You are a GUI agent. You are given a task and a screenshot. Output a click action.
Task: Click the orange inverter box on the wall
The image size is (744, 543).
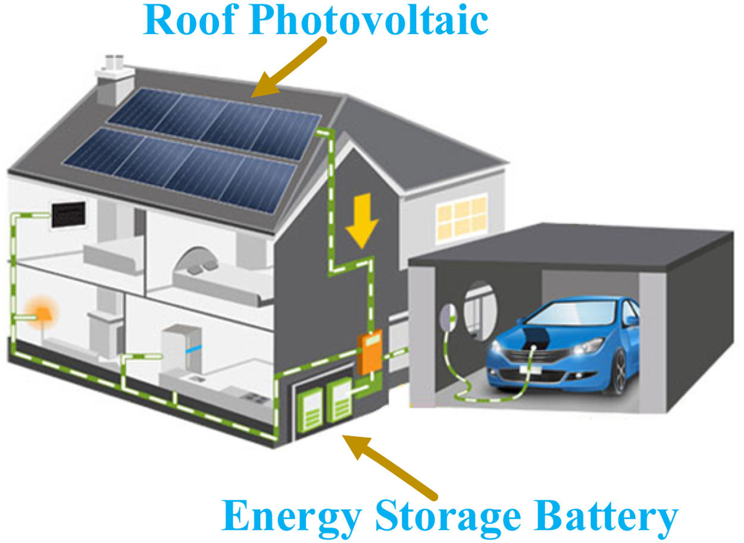tap(369, 354)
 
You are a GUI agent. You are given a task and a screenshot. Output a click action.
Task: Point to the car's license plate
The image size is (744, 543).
tap(530, 369)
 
